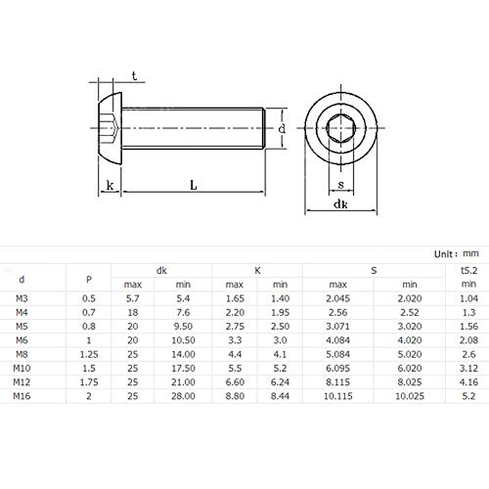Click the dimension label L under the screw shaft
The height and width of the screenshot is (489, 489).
193,185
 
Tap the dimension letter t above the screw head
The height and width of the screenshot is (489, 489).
134,76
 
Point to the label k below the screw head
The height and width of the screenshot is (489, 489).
110,185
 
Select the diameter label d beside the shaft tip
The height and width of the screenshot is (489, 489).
281,129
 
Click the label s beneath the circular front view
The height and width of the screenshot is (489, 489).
340,185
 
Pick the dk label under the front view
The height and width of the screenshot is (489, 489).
340,206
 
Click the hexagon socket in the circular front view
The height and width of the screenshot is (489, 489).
340,128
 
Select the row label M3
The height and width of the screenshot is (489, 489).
22,300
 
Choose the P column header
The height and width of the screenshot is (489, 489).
89,279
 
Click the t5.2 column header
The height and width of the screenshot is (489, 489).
468,270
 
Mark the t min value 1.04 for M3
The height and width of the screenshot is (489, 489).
468,300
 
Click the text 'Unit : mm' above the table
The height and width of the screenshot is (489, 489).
456,253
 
